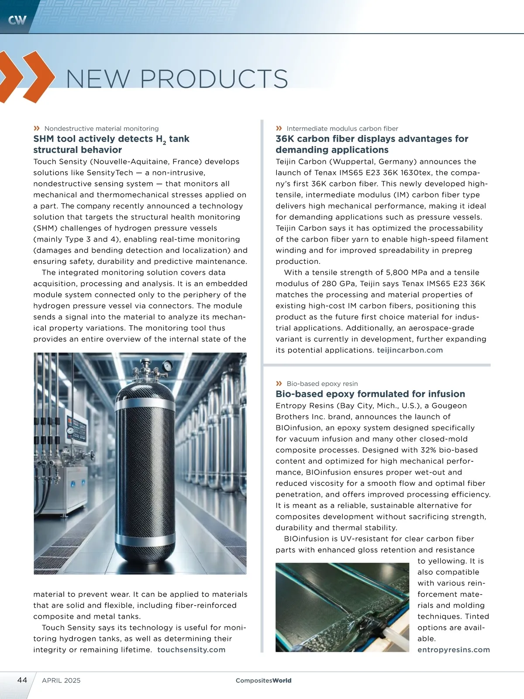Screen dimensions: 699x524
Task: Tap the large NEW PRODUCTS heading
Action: (x=177, y=79)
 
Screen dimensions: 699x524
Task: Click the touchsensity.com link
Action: (x=191, y=650)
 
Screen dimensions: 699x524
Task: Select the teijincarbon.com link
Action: (x=410, y=350)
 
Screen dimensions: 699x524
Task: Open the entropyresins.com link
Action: (x=454, y=650)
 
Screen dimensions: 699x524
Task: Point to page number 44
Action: (x=22, y=680)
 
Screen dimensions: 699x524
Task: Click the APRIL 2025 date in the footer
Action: (x=61, y=680)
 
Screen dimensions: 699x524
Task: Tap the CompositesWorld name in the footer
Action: (x=263, y=680)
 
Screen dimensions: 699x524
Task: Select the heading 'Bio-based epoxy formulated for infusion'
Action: (x=370, y=394)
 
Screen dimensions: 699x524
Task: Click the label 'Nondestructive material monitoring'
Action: (x=101, y=128)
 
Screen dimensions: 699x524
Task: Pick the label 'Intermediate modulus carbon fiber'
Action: (x=342, y=128)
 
